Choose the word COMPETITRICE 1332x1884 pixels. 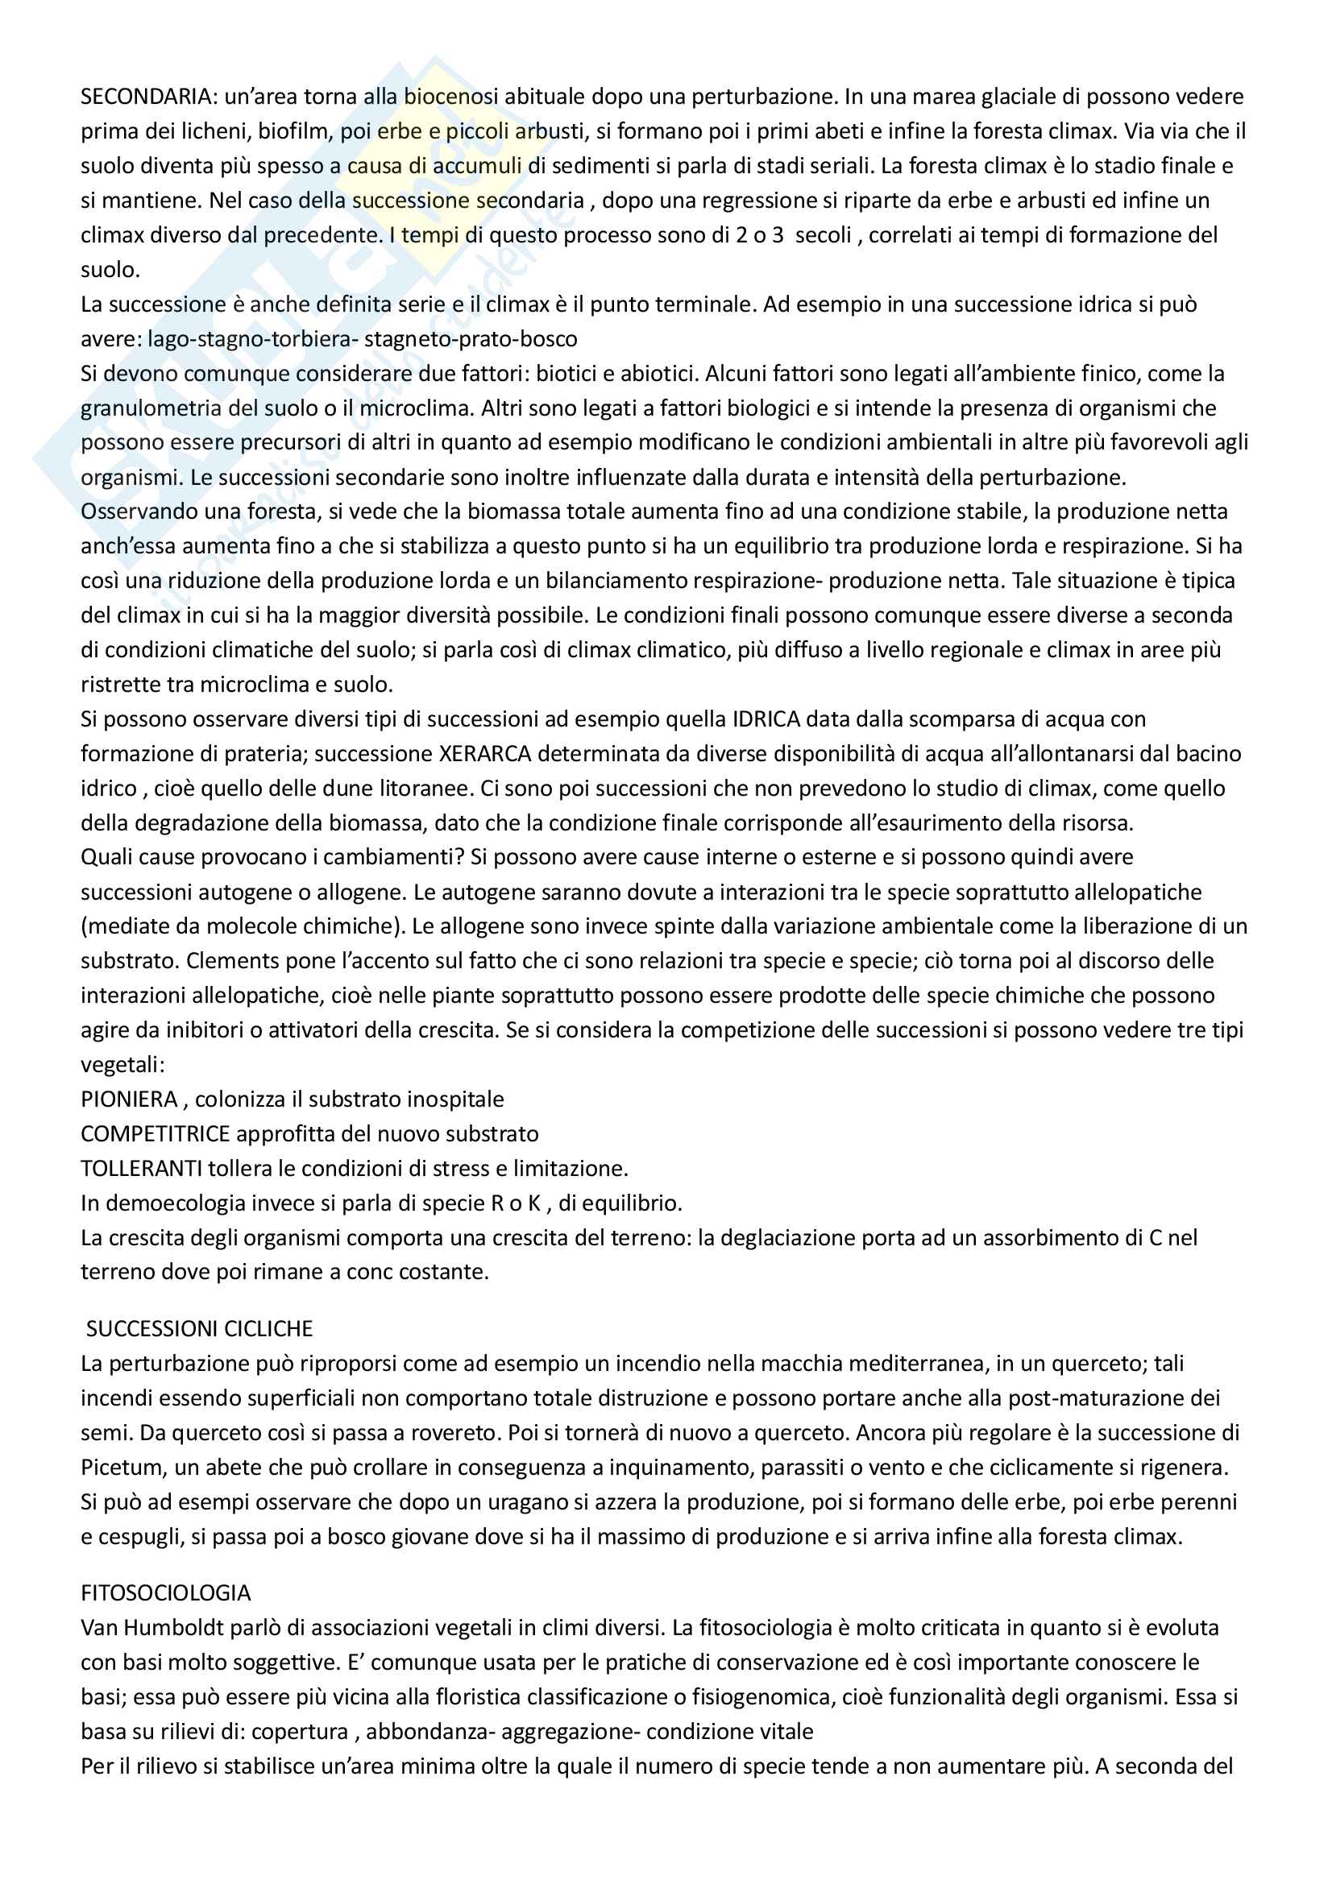[155, 1134]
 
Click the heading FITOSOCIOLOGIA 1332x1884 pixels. [166, 1592]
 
